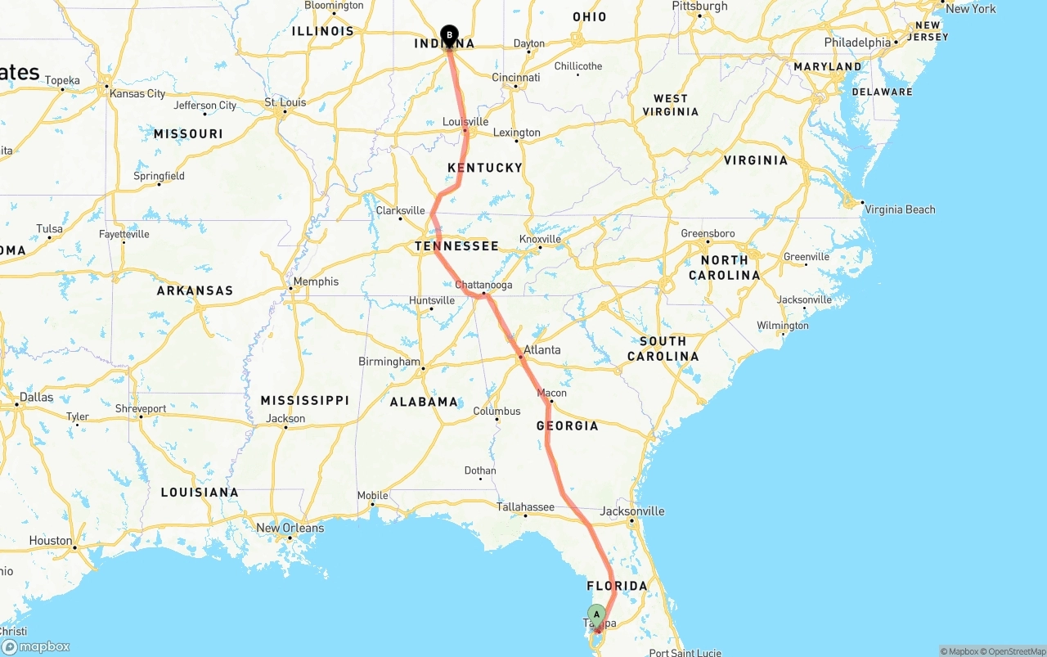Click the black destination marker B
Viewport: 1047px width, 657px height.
point(449,35)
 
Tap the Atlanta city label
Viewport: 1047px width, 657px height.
point(542,349)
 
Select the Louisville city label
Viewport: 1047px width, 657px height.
point(465,122)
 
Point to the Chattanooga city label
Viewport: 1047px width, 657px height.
point(483,285)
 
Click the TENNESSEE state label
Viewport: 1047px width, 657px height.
point(456,246)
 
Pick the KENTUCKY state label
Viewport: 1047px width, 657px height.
point(485,168)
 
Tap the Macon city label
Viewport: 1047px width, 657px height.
point(551,393)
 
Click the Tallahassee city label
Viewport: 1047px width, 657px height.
point(526,507)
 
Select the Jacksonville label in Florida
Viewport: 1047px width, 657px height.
point(632,511)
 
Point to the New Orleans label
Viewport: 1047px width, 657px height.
point(290,528)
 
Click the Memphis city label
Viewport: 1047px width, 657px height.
point(316,281)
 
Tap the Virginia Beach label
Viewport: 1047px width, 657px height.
point(900,209)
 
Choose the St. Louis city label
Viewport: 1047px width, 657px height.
point(285,102)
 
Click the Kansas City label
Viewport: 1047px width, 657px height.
point(137,93)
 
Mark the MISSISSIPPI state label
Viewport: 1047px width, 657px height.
point(305,400)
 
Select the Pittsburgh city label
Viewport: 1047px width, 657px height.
point(699,7)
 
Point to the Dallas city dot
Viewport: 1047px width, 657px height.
point(17,404)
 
